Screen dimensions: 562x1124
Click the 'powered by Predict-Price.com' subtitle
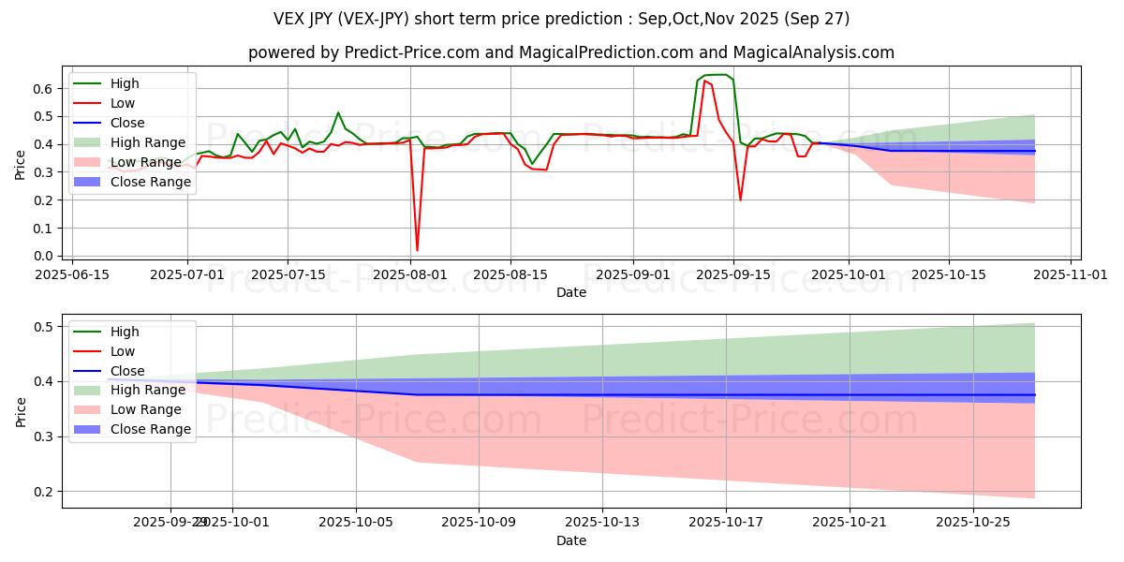[x=571, y=52]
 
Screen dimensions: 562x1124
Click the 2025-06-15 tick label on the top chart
[x=73, y=274]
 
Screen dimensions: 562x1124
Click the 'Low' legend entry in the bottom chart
[x=123, y=351]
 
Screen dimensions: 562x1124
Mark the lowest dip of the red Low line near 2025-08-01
[x=417, y=250]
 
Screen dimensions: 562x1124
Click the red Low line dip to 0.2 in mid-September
[x=740, y=200]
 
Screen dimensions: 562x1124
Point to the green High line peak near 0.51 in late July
[x=338, y=112]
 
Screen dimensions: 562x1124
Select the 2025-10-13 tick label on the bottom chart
[x=602, y=522]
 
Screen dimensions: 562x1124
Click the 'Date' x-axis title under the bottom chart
[x=571, y=540]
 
